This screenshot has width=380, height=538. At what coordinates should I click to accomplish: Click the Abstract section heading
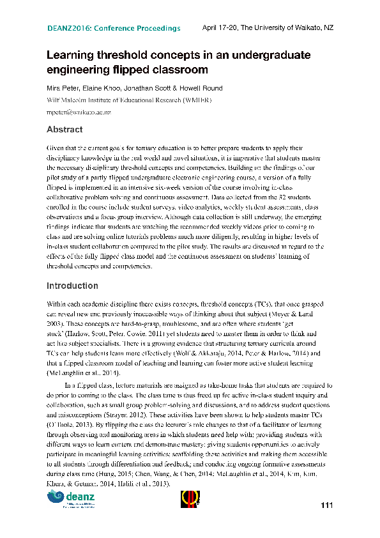coord(64,130)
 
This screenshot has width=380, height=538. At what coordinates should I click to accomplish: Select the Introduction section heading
coord(72,286)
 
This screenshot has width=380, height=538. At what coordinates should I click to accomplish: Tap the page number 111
coord(327,507)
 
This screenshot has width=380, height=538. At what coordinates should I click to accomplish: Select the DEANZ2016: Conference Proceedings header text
coord(114,29)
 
